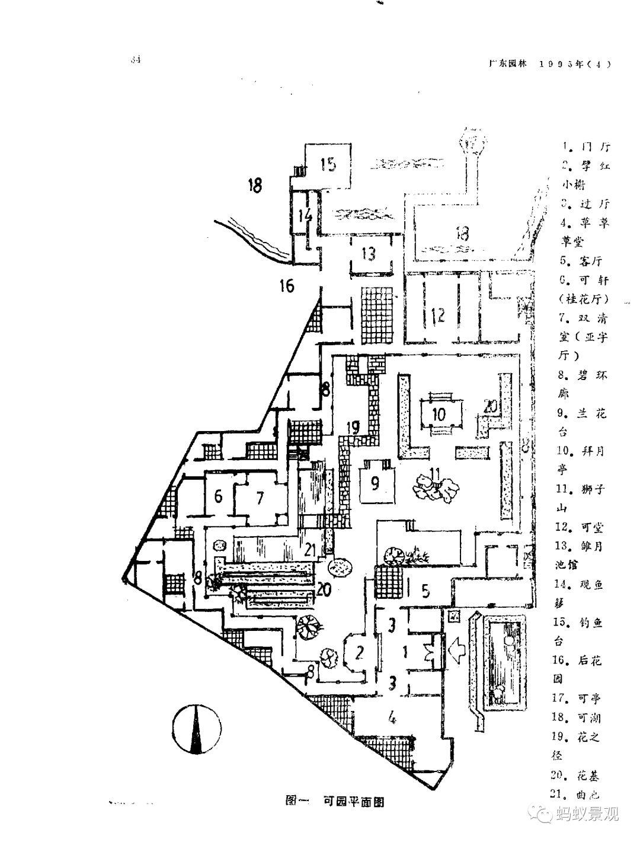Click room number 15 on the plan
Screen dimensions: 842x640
pyautogui.click(x=328, y=164)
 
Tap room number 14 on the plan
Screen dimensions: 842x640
pyautogui.click(x=305, y=215)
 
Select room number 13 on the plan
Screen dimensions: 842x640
pyautogui.click(x=369, y=254)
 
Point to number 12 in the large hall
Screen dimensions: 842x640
pyautogui.click(x=438, y=315)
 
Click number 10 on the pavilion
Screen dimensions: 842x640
pyautogui.click(x=439, y=413)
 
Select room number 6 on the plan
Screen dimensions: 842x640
pyautogui.click(x=218, y=496)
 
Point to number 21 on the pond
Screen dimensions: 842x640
pyautogui.click(x=309, y=550)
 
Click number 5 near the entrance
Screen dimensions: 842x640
pyautogui.click(x=424, y=590)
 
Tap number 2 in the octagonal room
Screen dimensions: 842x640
pyautogui.click(x=359, y=652)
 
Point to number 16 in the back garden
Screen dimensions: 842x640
pyautogui.click(x=287, y=286)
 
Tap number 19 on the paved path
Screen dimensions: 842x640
pyautogui.click(x=354, y=426)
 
